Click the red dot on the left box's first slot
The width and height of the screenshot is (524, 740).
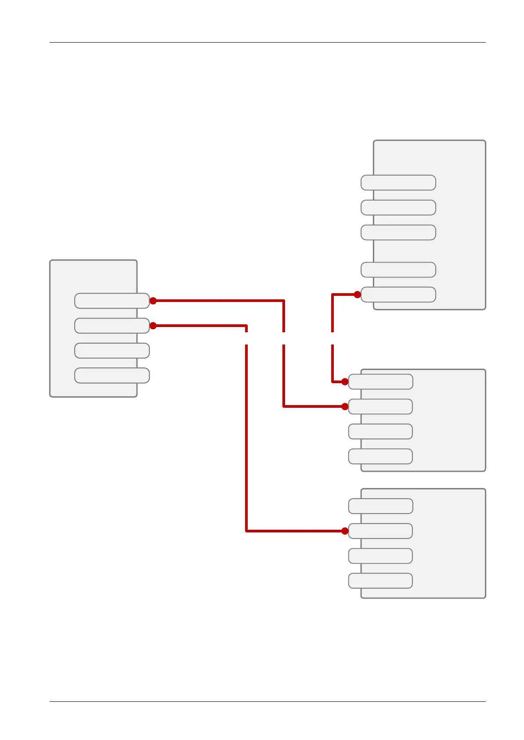tap(153, 301)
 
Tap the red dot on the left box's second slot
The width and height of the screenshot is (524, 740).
tap(153, 326)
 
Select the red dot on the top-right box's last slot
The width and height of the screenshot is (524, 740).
tap(357, 295)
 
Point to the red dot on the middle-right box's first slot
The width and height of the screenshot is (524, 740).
tap(345, 382)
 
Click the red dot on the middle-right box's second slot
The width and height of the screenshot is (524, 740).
tap(345, 406)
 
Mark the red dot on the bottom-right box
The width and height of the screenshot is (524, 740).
tap(345, 531)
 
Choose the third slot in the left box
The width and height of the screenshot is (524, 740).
tap(112, 351)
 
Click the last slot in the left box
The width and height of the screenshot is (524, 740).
tap(112, 376)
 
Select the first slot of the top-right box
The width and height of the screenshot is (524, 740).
tap(398, 183)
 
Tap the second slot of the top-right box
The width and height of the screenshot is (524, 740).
tap(398, 208)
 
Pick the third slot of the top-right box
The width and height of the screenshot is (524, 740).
tap(398, 233)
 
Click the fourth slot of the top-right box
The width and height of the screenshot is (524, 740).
tap(398, 270)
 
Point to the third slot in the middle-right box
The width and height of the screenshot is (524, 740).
tap(380, 431)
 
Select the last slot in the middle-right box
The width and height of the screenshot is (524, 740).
tap(380, 456)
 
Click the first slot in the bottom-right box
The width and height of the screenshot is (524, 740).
tap(380, 506)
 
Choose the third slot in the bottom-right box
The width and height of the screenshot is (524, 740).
tap(380, 556)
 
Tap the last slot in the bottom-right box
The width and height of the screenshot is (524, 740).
tap(380, 581)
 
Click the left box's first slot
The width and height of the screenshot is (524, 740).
tap(112, 301)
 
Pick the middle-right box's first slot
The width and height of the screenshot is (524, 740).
tap(380, 382)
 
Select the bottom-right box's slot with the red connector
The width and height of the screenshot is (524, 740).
tap(380, 531)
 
